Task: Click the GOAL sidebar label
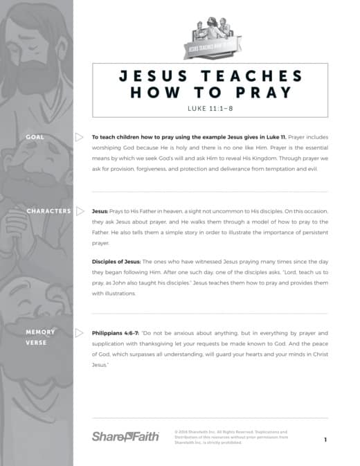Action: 35,137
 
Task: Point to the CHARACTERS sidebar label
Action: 48,210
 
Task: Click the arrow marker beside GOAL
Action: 79,137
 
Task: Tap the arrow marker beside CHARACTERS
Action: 79,210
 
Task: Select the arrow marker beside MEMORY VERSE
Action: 79,332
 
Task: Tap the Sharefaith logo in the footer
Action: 125,436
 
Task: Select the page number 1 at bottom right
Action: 325,440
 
